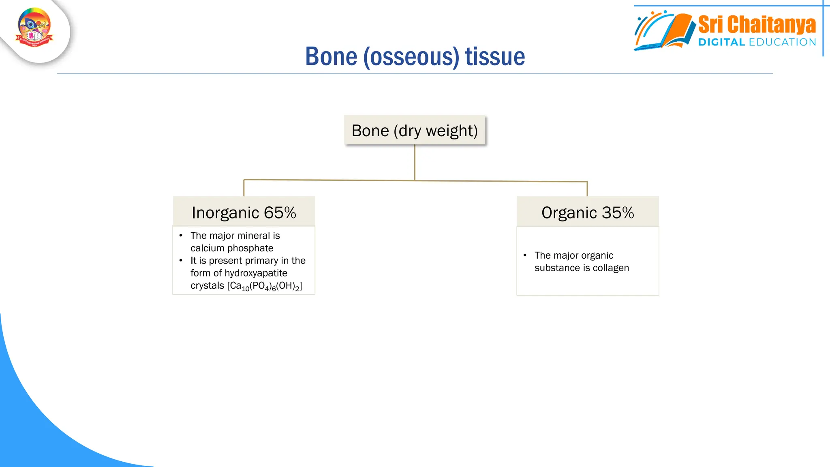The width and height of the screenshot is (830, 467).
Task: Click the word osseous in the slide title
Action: pos(411,57)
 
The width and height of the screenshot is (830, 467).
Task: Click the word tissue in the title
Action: pos(495,57)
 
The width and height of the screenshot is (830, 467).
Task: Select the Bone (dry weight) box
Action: pos(415,131)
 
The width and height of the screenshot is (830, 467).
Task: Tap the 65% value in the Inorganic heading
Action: pos(280,213)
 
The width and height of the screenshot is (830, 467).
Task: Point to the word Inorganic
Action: pos(225,213)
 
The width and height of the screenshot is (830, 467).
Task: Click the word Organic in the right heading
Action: pos(569,213)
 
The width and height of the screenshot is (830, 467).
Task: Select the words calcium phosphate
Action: pos(232,248)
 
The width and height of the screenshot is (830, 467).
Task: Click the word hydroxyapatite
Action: pos(256,273)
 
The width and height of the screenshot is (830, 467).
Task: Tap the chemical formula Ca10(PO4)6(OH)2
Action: pos(265,286)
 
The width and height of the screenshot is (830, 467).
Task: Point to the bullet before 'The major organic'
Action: pos(525,255)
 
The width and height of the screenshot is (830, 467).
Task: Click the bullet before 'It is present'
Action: pos(181,261)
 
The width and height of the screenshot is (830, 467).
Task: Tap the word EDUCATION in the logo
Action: pos(782,42)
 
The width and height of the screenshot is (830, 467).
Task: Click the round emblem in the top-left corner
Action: pos(34,28)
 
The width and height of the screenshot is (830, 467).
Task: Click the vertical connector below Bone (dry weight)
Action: pos(415,162)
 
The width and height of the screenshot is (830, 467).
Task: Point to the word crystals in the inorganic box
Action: pos(207,286)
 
